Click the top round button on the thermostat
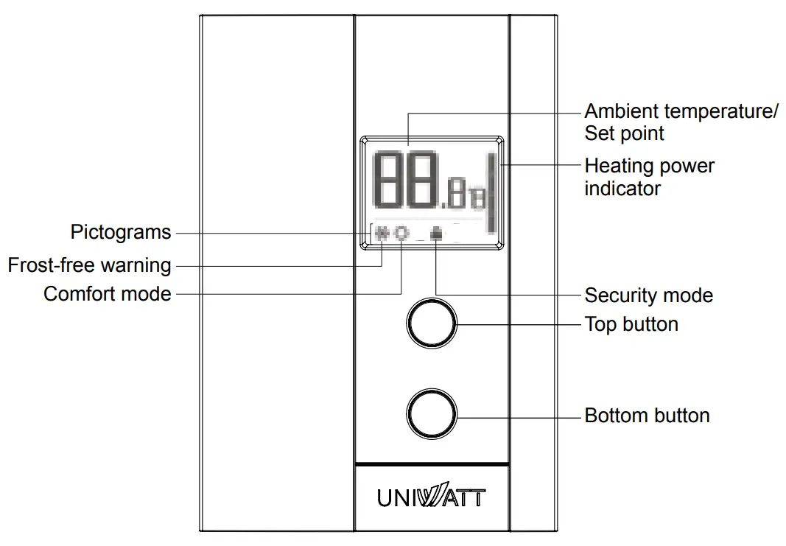[432, 323]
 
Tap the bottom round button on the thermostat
[432, 416]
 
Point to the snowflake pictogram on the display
[382, 234]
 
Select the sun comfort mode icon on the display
[401, 234]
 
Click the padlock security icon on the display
[437, 234]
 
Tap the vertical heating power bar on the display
[489, 193]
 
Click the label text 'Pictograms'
[121, 233]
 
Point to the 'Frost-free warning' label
[89, 265]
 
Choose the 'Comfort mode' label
[108, 294]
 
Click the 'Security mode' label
[648, 296]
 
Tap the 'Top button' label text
[631, 324]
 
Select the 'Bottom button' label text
[647, 416]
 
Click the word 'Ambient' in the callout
[622, 112]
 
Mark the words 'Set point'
[624, 134]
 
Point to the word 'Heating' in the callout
[616, 166]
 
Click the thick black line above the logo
[432, 464]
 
